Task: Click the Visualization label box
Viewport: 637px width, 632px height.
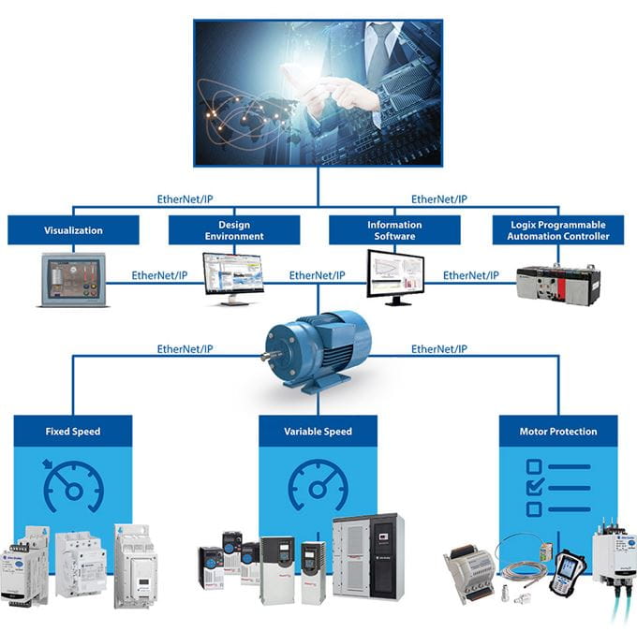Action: click(73, 230)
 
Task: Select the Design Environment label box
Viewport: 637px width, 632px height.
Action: click(234, 230)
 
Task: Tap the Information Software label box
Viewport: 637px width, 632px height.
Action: click(394, 230)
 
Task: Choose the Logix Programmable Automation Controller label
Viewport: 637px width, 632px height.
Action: click(558, 230)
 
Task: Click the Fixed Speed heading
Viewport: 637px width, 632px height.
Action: click(73, 432)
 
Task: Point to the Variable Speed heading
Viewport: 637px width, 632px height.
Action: click(318, 432)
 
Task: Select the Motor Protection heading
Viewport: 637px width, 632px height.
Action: click(558, 432)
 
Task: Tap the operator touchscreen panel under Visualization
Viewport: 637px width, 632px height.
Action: click(74, 279)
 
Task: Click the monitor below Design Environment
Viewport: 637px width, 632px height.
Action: click(234, 277)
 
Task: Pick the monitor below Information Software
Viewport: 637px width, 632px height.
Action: click(394, 275)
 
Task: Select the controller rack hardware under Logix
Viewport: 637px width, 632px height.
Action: click(558, 282)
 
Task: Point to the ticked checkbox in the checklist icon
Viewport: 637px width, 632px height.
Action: click(534, 488)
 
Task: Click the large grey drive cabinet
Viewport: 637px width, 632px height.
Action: click(369, 556)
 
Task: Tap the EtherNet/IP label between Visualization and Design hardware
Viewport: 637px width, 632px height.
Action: click(159, 276)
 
